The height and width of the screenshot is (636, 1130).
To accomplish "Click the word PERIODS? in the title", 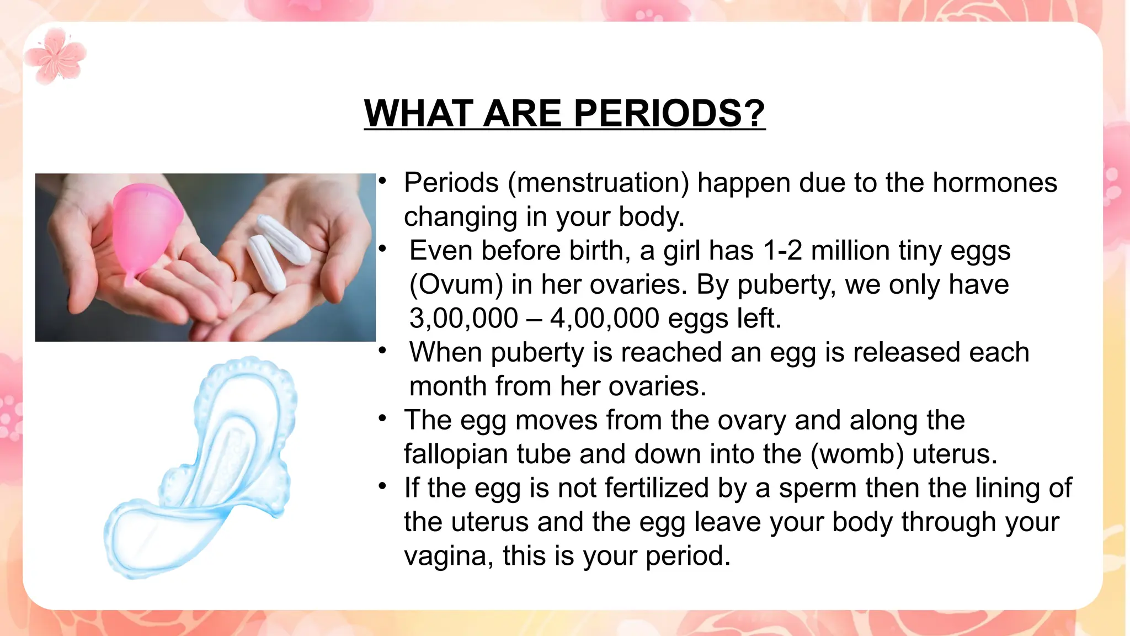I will pyautogui.click(x=669, y=113).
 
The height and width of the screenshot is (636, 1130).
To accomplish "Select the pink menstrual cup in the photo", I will pyautogui.click(x=146, y=226).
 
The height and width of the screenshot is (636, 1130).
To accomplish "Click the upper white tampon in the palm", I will pyautogui.click(x=283, y=240).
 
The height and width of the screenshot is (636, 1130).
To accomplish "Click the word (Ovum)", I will pyautogui.click(x=456, y=285).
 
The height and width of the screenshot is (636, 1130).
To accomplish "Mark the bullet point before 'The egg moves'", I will pyautogui.click(x=382, y=418).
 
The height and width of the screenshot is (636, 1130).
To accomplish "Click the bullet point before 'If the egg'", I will pyautogui.click(x=382, y=486).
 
